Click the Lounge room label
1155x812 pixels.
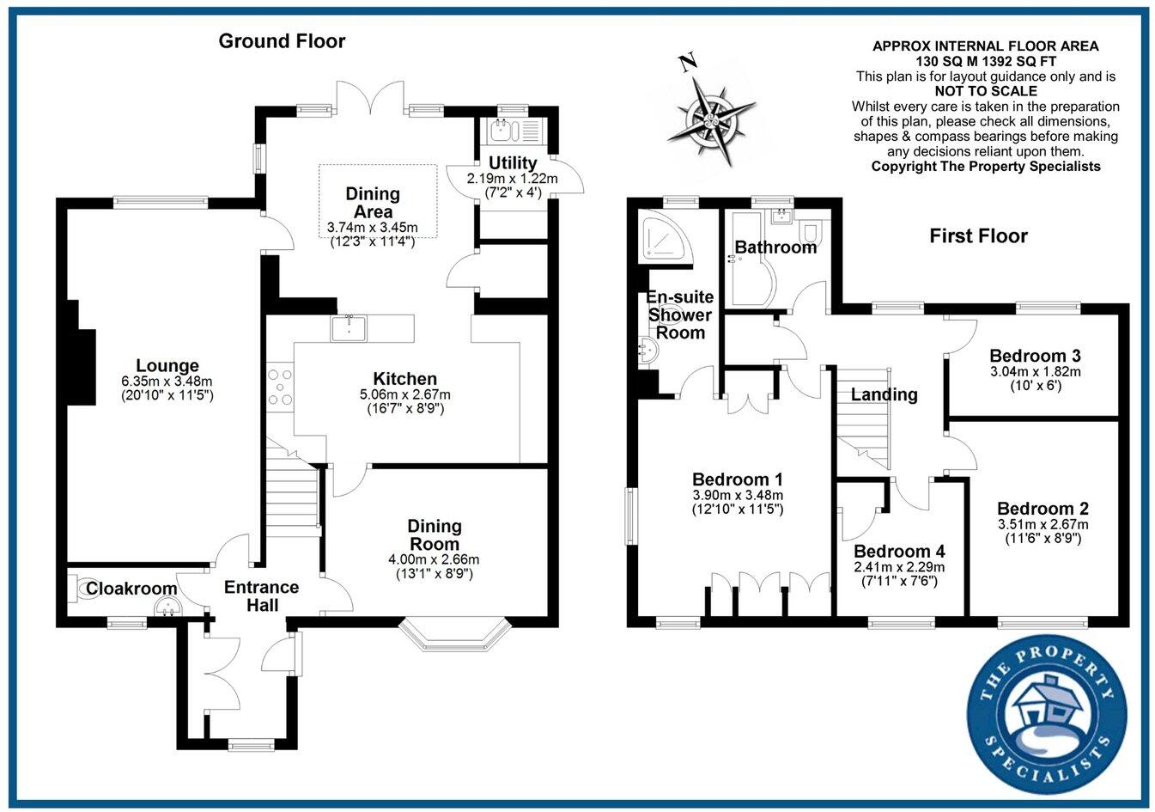point(167,366)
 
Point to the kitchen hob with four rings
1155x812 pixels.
point(280,387)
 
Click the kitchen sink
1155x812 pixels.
point(350,327)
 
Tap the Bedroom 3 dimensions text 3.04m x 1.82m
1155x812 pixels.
point(1035,372)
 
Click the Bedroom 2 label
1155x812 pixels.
point(1036,508)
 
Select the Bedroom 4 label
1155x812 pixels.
point(899,552)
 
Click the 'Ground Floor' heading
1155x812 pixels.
point(282,40)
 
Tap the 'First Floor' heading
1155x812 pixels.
point(978,235)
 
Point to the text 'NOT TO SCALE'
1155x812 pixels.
point(985,91)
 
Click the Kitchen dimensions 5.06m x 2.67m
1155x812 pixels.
point(405,394)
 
